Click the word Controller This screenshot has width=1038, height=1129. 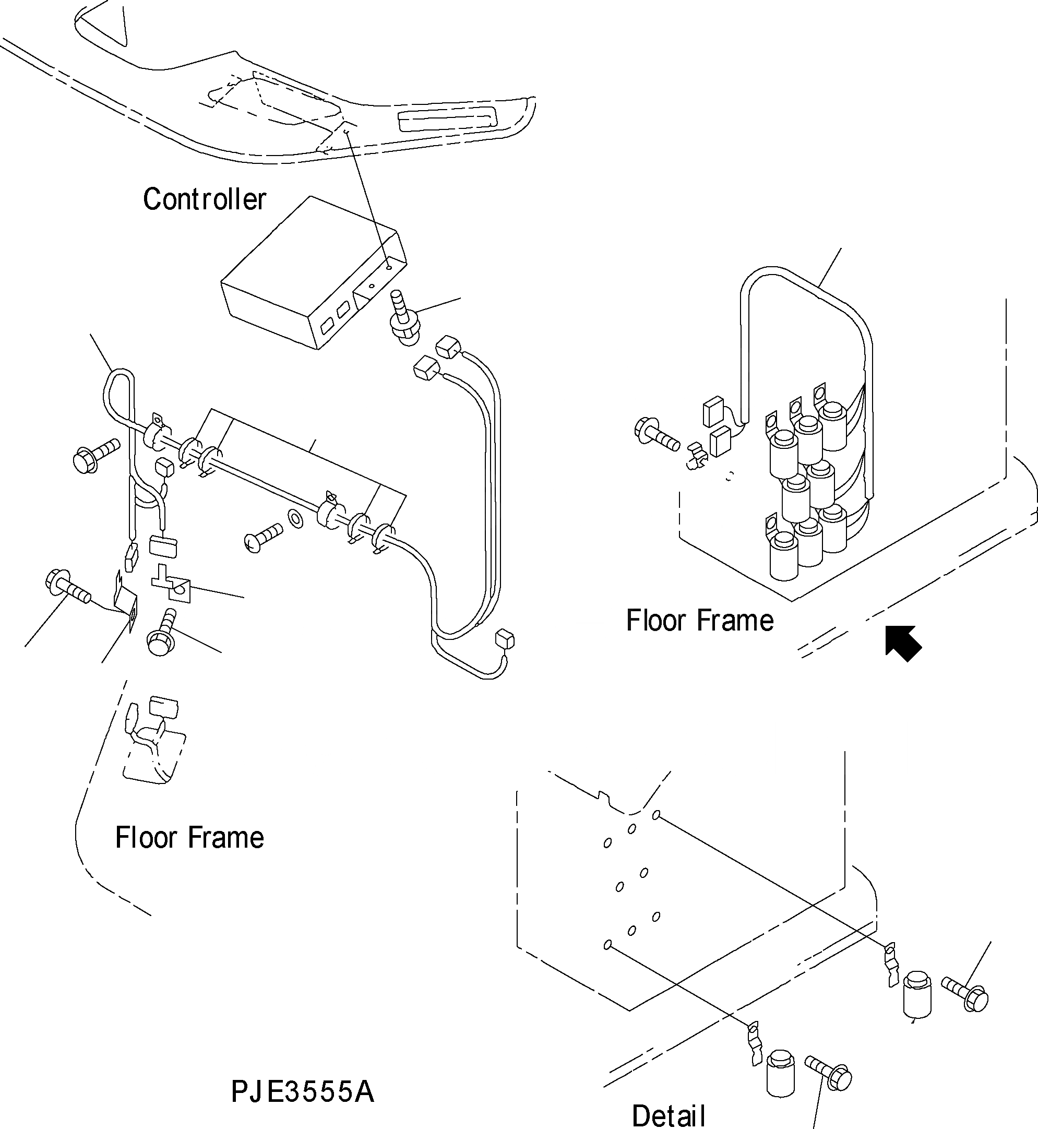pyautogui.click(x=204, y=199)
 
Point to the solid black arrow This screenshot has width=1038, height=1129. pyautogui.click(x=903, y=644)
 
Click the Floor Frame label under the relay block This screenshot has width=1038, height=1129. pyautogui.click(x=700, y=621)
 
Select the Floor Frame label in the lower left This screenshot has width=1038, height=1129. pyautogui.click(x=189, y=838)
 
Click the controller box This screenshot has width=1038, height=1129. pyautogui.click(x=314, y=272)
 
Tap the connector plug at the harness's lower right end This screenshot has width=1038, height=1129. pyautogui.click(x=505, y=639)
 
